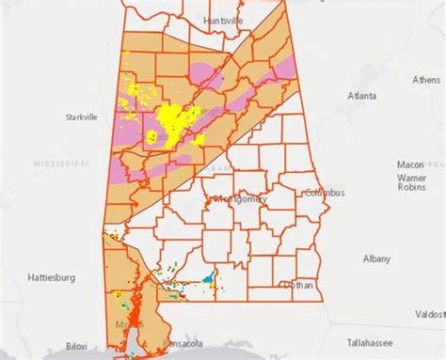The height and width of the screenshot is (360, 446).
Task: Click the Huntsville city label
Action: (224, 19)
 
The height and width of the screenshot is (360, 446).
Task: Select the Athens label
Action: (425, 80)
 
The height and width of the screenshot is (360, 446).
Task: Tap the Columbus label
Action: (325, 193)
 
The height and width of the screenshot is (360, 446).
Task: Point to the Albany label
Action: (378, 258)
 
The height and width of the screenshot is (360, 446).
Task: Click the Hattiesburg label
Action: (49, 277)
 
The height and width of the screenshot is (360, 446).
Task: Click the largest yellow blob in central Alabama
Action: (175, 121)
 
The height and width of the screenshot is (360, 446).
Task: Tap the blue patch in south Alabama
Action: (206, 277)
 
